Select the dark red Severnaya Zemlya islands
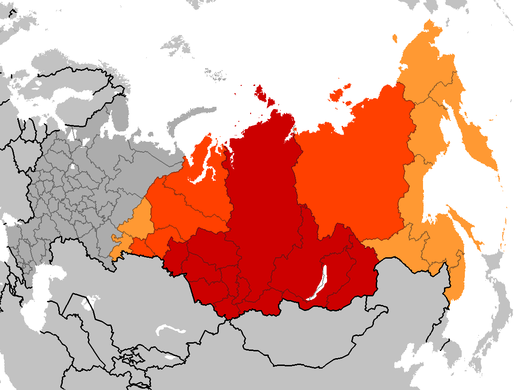point(262,93)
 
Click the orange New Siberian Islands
point(339,93)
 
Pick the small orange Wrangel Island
point(394,38)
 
